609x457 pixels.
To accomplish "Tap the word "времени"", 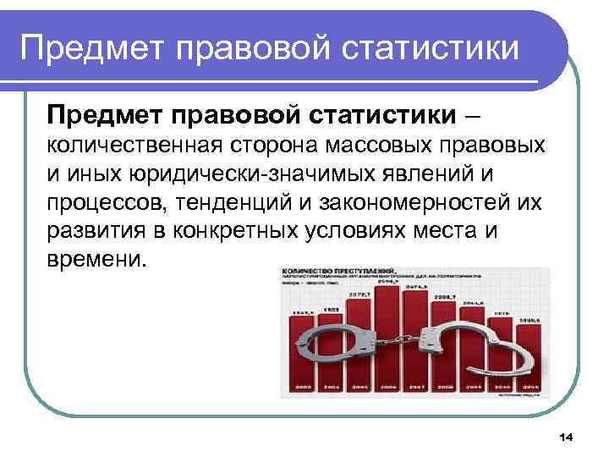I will pyautogui.click(x=97, y=260).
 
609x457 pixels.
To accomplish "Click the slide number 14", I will pyautogui.click(x=566, y=436).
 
